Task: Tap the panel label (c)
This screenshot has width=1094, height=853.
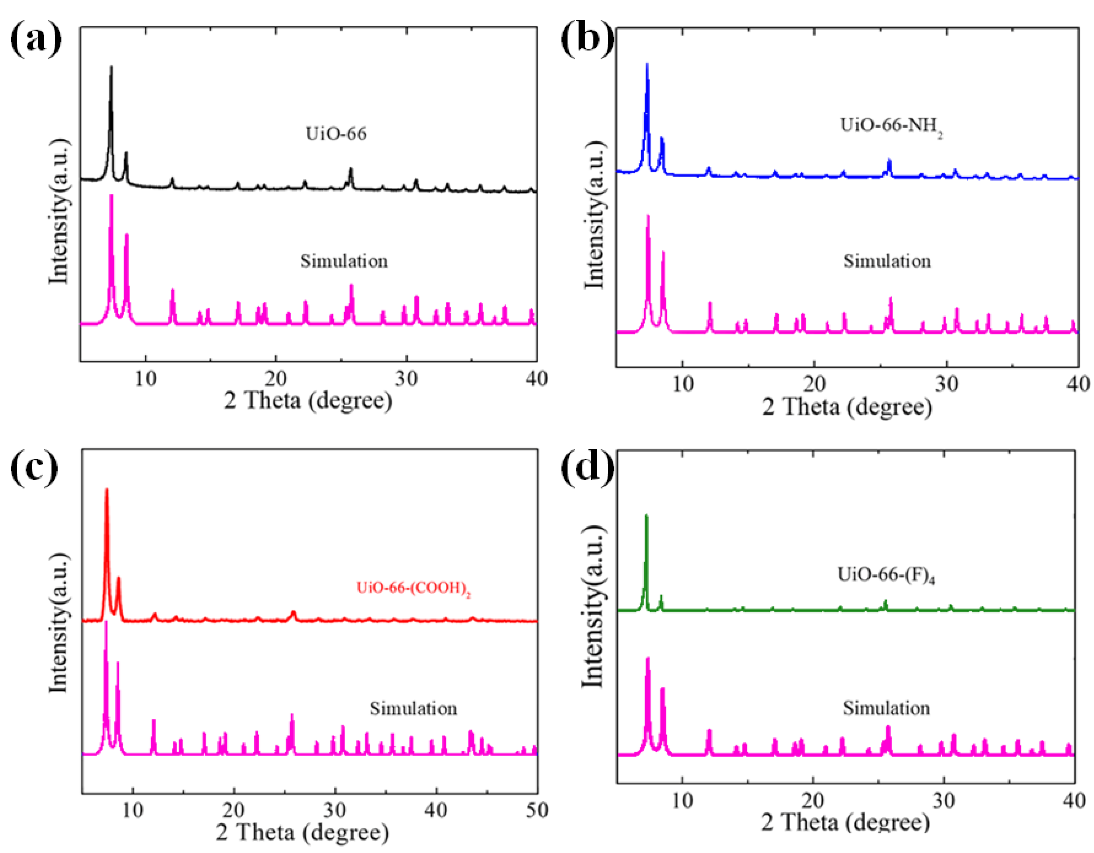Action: point(34,468)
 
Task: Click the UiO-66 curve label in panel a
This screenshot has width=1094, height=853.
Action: point(336,134)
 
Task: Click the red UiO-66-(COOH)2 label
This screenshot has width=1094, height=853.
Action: point(413,588)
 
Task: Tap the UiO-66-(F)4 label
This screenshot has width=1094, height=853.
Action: point(886,575)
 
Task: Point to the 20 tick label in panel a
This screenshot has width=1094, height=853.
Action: point(275,378)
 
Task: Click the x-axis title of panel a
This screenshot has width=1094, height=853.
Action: point(308,401)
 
